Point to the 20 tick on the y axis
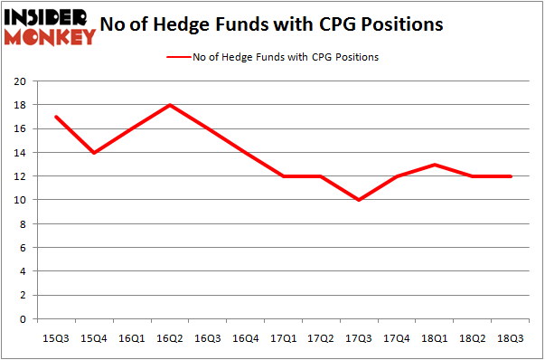(20, 81)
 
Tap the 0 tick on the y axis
(23, 319)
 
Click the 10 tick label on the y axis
(20, 200)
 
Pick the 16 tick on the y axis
(20, 128)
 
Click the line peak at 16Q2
(170, 105)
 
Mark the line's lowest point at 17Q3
(360, 200)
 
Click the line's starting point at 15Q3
(56, 117)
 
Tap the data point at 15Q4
(94, 152)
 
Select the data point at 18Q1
(436, 165)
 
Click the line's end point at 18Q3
(512, 176)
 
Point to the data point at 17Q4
(398, 176)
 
